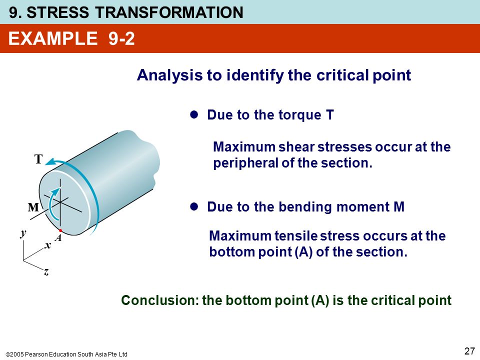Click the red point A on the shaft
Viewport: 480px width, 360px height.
tap(60, 230)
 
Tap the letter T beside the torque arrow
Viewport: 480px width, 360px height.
tap(38, 159)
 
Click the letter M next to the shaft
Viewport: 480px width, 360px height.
tap(33, 207)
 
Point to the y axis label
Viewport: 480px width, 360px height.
tap(23, 233)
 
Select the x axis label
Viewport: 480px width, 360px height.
tap(47, 245)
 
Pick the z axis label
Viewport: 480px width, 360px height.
tap(46, 271)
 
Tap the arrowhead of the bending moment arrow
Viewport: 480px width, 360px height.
tap(55, 191)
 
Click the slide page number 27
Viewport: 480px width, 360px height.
tap(469, 351)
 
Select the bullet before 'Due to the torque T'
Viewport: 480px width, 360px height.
tap(194, 115)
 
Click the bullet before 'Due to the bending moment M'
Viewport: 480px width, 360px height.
tap(194, 206)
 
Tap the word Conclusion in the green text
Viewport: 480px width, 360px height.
tap(160, 300)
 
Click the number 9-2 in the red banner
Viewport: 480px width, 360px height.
tap(121, 38)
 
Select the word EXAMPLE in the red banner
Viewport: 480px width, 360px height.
tap(53, 38)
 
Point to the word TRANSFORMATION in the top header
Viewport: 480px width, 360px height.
tap(169, 12)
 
